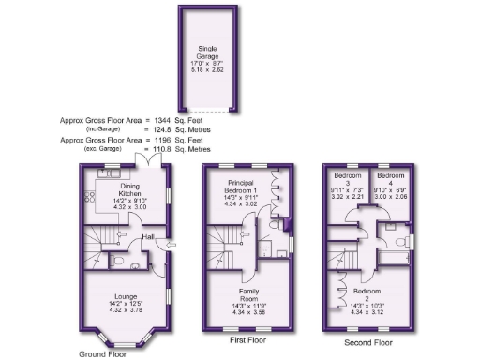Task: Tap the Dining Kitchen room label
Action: [120, 188]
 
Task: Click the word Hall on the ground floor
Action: [148, 237]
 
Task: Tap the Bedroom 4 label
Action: [390, 175]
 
